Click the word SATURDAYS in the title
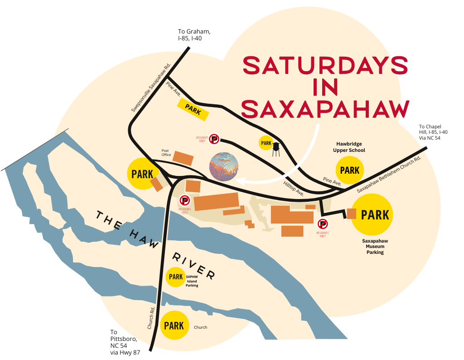[x=325, y=66]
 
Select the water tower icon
[x=275, y=148]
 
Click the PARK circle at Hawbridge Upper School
[x=350, y=170]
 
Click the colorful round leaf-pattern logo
[x=224, y=166]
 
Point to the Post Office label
[x=166, y=153]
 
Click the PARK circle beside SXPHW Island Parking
[x=175, y=277]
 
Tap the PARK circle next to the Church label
[x=174, y=326]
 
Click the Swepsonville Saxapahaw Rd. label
[x=150, y=88]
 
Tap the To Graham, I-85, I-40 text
[x=194, y=35]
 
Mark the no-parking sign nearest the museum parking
[x=322, y=224]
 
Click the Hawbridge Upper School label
[x=349, y=147]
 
